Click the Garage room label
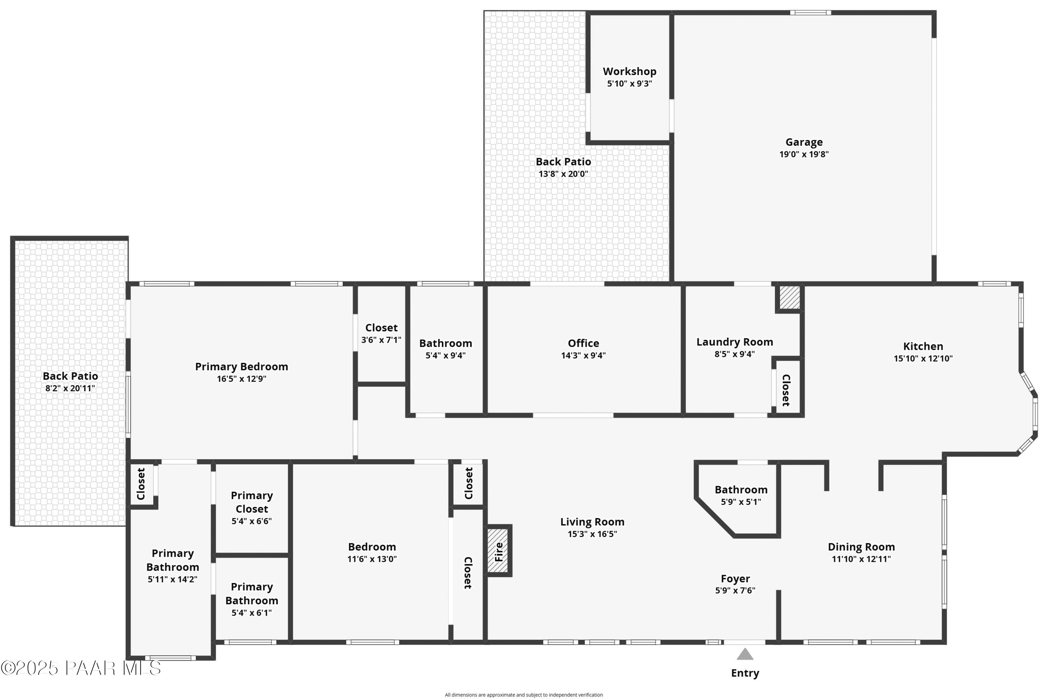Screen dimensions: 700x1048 click(804, 142)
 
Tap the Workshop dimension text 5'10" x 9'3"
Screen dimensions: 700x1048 click(629, 83)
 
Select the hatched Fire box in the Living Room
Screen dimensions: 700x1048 click(498, 550)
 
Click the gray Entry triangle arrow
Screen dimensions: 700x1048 click(745, 655)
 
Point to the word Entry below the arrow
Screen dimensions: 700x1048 click(745, 673)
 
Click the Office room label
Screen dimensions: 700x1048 click(583, 343)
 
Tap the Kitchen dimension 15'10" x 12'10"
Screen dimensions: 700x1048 click(923, 358)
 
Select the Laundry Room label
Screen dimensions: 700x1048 click(735, 342)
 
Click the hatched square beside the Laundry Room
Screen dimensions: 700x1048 click(789, 297)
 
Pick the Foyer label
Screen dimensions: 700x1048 click(735, 578)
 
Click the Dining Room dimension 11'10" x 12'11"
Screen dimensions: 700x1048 click(861, 559)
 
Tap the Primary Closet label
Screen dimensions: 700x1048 click(252, 502)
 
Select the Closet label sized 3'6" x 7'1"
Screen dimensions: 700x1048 click(381, 328)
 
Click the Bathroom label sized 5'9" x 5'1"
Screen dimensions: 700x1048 click(741, 489)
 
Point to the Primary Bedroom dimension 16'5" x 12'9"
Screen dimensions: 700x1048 click(241, 379)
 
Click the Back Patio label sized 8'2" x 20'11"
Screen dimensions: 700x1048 click(70, 376)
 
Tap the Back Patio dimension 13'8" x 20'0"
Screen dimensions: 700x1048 click(563, 174)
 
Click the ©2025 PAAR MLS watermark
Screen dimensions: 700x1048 click(81, 668)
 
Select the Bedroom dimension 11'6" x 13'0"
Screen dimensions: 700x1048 click(372, 559)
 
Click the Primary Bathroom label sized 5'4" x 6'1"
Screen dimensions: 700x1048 click(252, 593)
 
